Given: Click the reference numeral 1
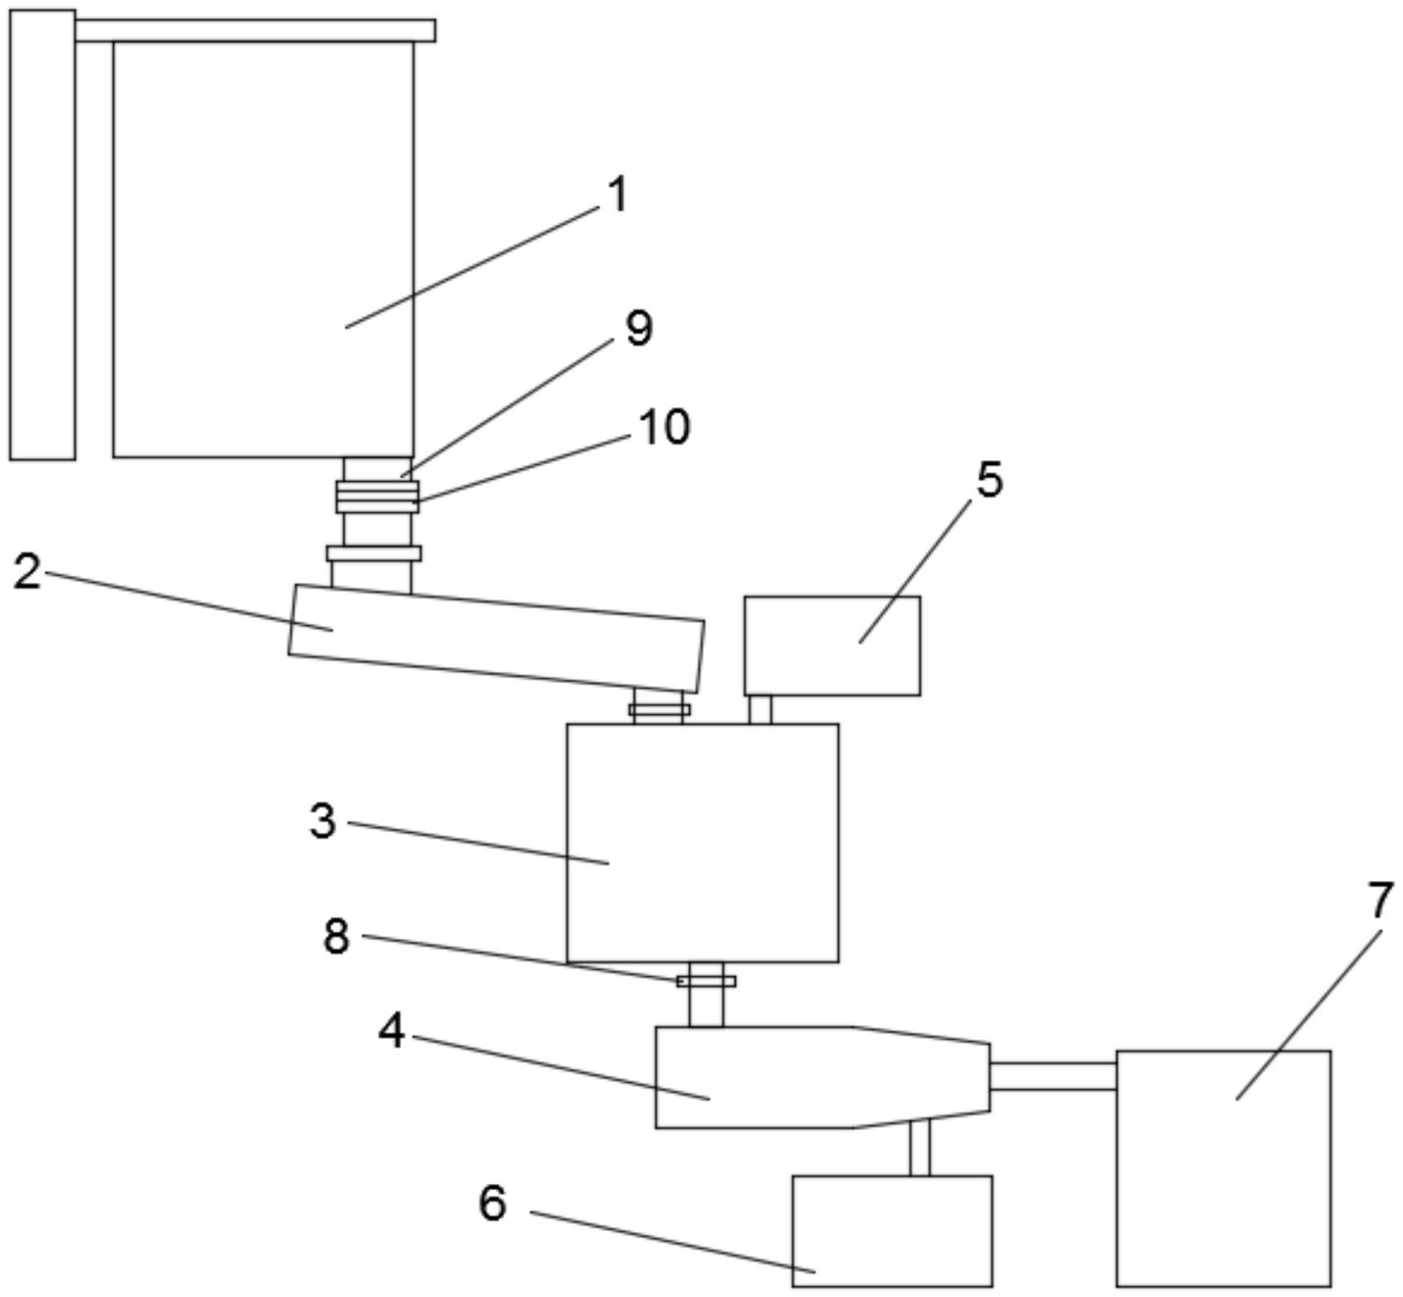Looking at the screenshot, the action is tap(618, 196).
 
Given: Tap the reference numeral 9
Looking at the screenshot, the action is tap(639, 329).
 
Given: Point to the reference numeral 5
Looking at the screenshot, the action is tap(990, 480).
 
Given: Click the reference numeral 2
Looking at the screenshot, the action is tap(27, 572).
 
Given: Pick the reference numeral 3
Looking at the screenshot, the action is tap(322, 821).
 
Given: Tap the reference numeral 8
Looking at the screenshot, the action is tap(336, 936).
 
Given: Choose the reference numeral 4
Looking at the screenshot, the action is tap(391, 1032).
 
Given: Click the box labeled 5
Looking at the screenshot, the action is tap(833, 646).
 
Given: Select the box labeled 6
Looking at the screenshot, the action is tap(892, 1231).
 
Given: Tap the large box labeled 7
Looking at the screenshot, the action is tap(1224, 1168).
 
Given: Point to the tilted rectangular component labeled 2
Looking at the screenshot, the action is tap(496, 638).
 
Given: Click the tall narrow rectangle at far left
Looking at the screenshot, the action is tap(42, 235).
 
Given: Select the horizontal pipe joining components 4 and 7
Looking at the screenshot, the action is tap(1053, 1076).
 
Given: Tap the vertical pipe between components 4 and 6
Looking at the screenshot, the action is tap(920, 1147).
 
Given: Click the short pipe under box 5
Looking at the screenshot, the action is tap(760, 709).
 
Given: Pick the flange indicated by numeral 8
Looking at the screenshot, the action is tap(706, 981).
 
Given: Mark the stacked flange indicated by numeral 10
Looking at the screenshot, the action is tap(378, 497).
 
